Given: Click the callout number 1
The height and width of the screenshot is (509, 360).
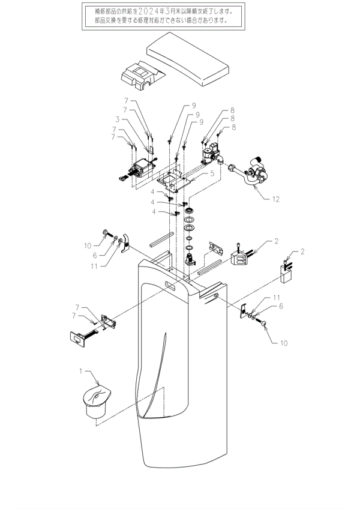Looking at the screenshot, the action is pyautogui.click(x=81, y=371).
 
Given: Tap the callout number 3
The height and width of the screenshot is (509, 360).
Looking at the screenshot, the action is pyautogui.click(x=118, y=119).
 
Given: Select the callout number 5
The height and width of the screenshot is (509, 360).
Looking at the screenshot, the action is pyautogui.click(x=212, y=173).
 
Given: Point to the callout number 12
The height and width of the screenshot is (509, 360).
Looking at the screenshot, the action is pyautogui.click(x=275, y=199).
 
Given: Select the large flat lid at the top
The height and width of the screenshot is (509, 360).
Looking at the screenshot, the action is pyautogui.click(x=188, y=59).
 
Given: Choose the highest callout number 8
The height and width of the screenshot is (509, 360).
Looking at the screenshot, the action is pyautogui.click(x=232, y=110).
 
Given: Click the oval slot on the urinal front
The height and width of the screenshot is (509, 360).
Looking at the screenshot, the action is pyautogui.click(x=173, y=285).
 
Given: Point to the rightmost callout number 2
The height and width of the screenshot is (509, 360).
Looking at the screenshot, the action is pyautogui.click(x=302, y=251).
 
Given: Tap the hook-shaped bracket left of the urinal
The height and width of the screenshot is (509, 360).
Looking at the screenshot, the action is pyautogui.click(x=125, y=244).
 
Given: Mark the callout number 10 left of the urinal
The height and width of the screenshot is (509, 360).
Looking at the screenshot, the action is pyautogui.click(x=88, y=245).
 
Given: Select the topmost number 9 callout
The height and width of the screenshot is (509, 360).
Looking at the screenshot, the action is pyautogui.click(x=194, y=106).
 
